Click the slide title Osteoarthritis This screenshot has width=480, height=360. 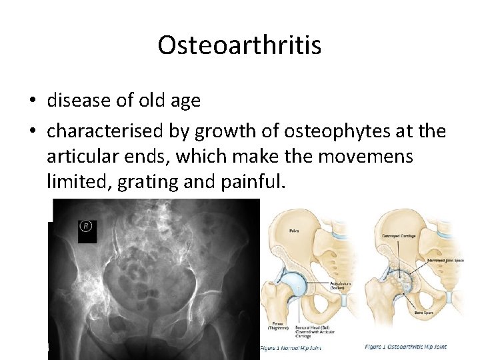tap(239, 45)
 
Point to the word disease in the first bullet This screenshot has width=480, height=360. tap(77, 101)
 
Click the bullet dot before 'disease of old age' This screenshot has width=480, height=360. tap(32, 101)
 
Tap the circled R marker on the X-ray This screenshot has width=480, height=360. tap(87, 226)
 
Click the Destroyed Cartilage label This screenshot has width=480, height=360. tap(401, 237)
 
